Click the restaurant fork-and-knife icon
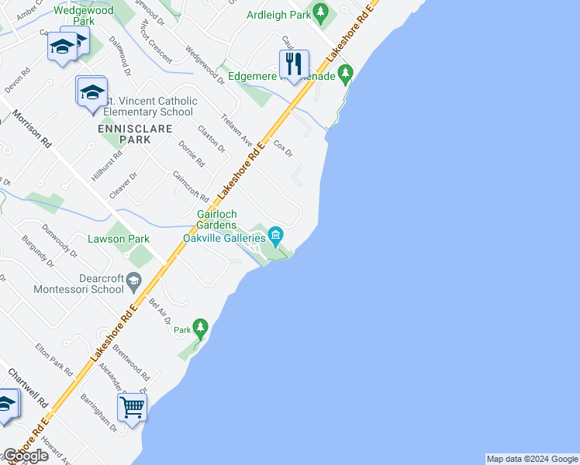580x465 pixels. (x=294, y=64)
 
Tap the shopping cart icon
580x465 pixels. (x=132, y=406)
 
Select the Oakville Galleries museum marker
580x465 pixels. (x=275, y=235)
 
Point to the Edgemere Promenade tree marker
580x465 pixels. (x=345, y=75)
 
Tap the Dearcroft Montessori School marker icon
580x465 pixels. (x=134, y=280)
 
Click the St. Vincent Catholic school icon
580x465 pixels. (x=91, y=92)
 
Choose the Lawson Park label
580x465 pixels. (x=117, y=239)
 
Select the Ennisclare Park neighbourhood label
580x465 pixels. (x=123, y=133)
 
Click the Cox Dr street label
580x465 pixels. (x=283, y=148)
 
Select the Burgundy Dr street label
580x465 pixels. (x=36, y=251)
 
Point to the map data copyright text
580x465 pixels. (x=532, y=459)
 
